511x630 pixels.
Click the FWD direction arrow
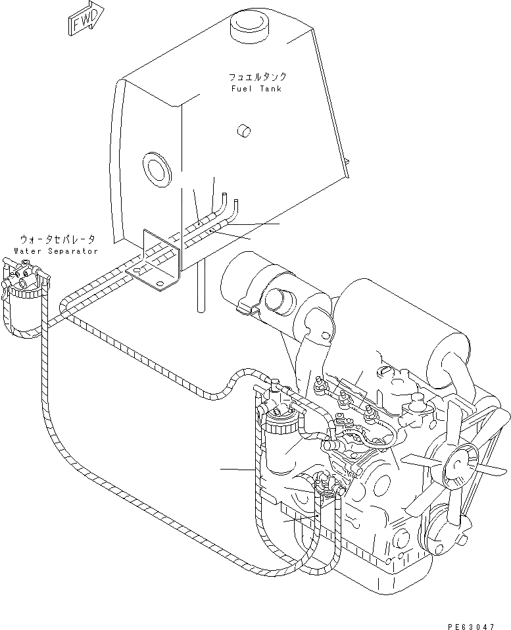[x=85, y=18]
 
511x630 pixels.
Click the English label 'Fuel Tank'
[x=256, y=89]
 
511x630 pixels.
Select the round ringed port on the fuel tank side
[x=157, y=168]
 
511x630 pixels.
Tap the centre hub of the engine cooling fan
[x=455, y=468]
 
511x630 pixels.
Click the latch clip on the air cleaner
[x=247, y=305]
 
